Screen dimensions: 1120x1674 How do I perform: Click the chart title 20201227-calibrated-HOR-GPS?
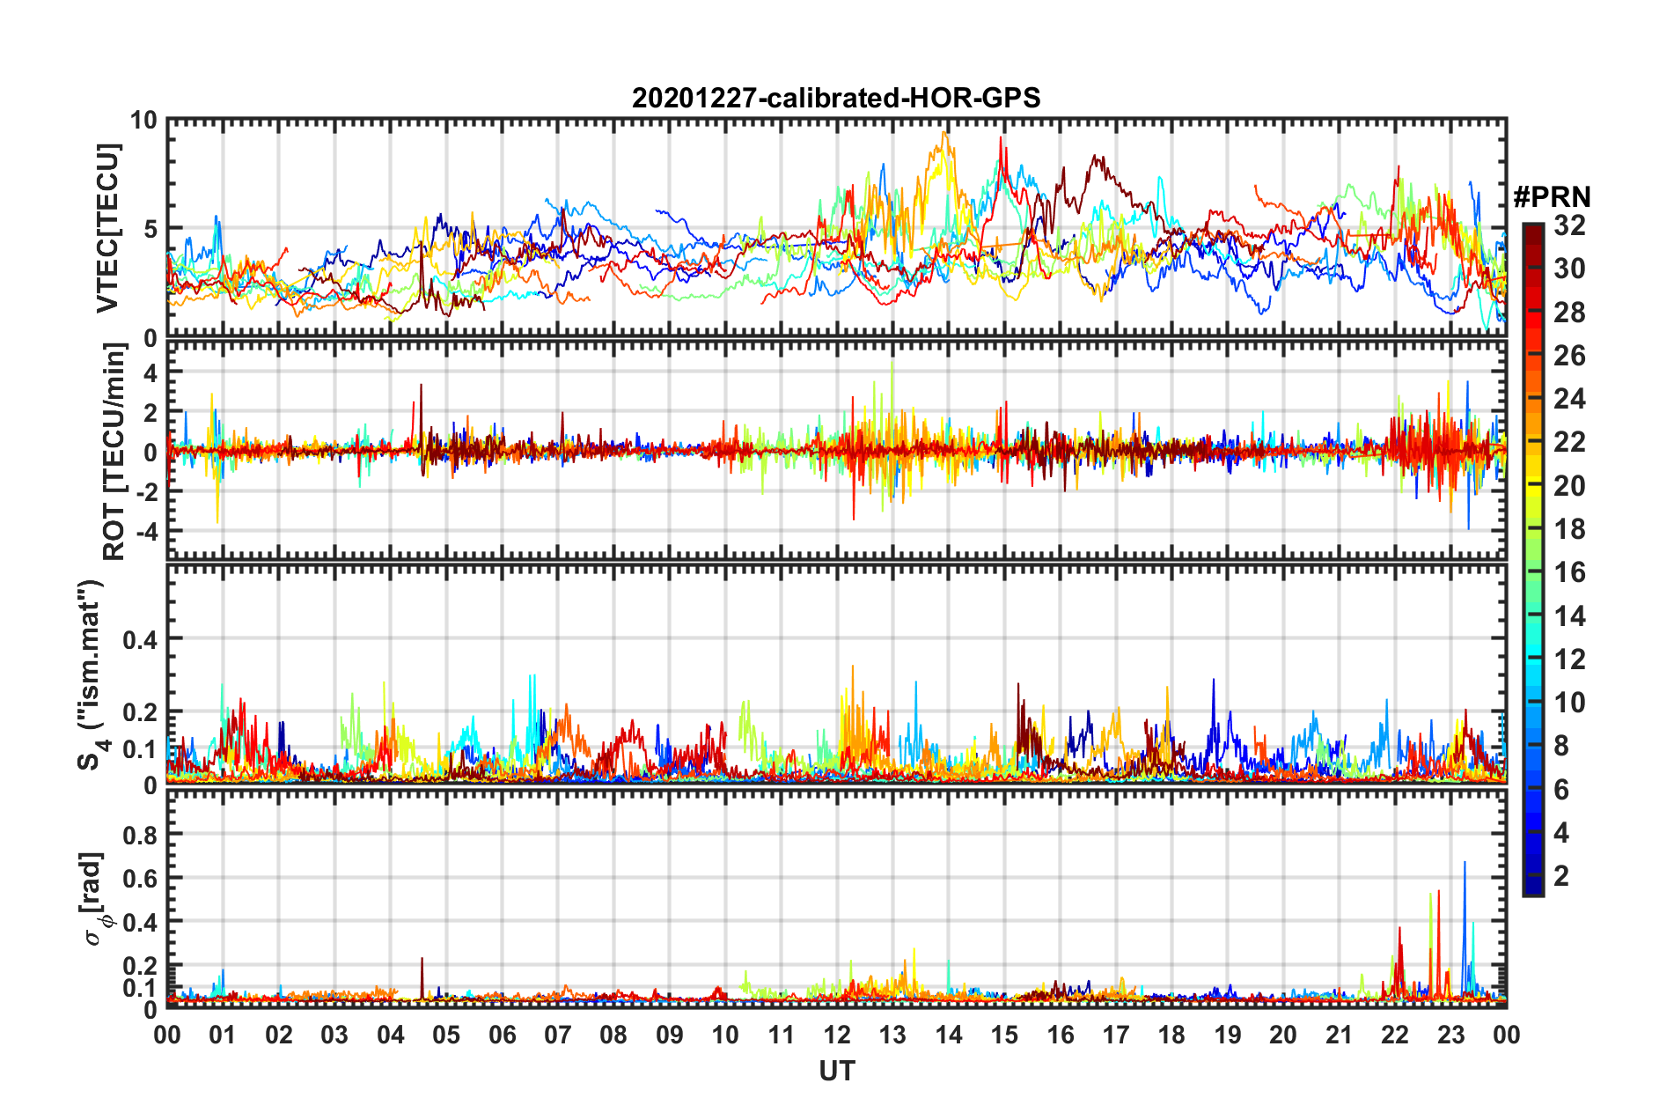(836, 98)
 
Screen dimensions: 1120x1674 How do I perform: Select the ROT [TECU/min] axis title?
(114, 452)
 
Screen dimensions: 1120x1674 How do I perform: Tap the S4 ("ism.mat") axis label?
(91, 674)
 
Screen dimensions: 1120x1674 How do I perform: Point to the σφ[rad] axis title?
(94, 898)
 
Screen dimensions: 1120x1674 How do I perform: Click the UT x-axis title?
(836, 1071)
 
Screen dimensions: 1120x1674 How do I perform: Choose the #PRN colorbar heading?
(1552, 197)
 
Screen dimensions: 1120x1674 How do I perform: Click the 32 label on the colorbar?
(1569, 225)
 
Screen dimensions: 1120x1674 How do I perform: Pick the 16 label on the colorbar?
(1569, 572)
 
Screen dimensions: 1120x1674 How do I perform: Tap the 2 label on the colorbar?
(1561, 875)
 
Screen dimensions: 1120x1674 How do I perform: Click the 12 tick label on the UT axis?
(836, 1035)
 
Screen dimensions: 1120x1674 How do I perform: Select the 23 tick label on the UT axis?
(1450, 1035)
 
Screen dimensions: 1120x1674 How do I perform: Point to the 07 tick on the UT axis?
(557, 1035)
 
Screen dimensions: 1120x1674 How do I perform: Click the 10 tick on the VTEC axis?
(144, 121)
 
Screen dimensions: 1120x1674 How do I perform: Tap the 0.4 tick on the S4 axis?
(140, 639)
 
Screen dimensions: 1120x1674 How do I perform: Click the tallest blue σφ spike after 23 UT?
(1465, 863)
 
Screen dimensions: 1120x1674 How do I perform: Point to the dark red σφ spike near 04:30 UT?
(422, 960)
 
